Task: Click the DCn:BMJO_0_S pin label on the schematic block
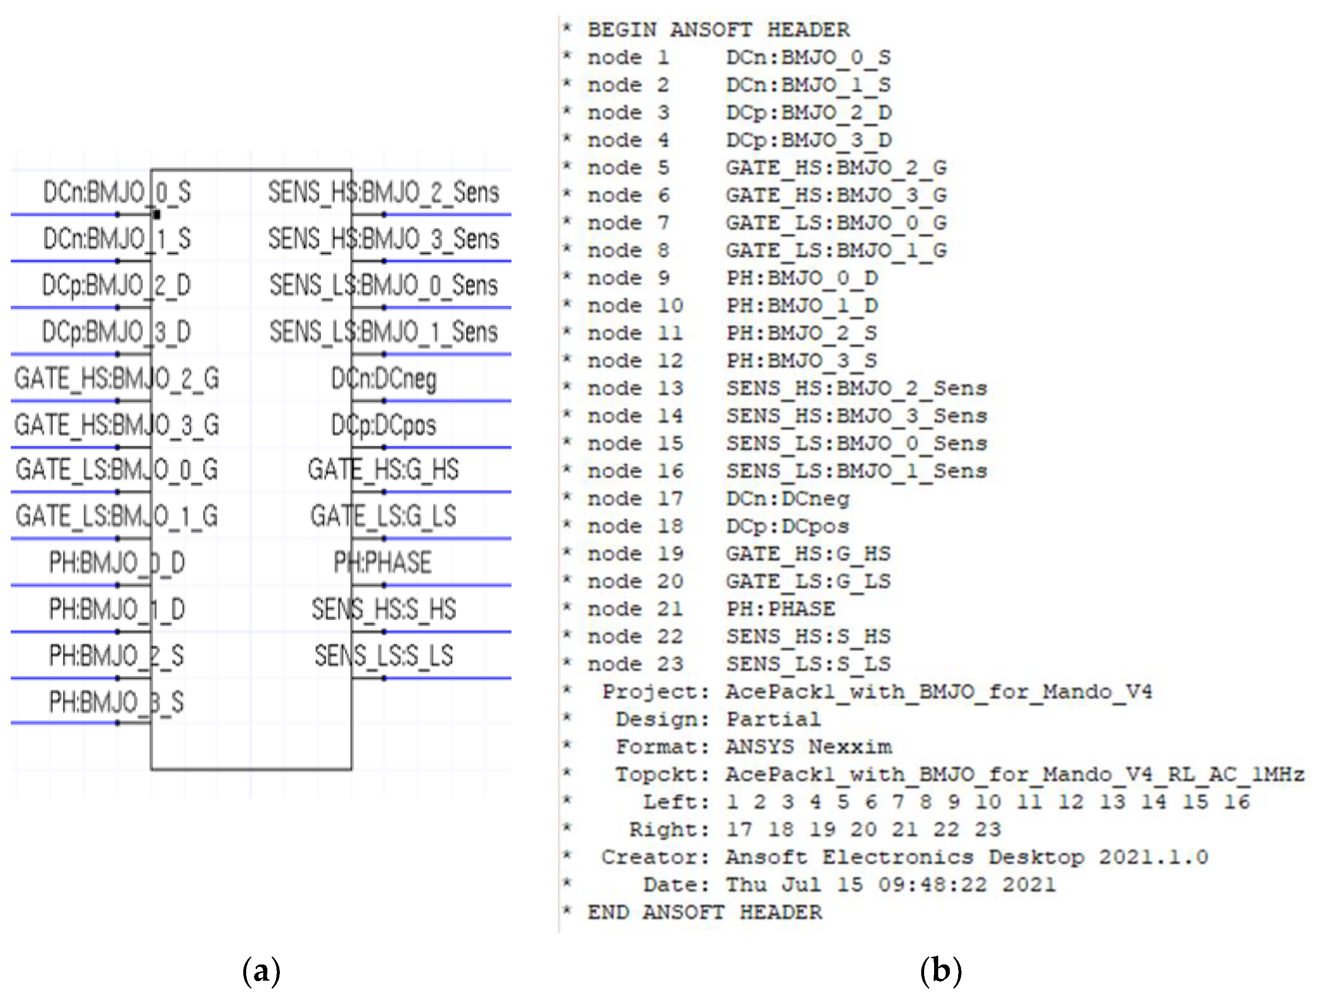click(117, 192)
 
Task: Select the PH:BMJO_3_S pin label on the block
click(117, 702)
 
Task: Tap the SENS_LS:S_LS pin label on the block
click(384, 656)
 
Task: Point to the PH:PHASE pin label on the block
click(382, 562)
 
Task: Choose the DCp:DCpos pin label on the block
click(384, 425)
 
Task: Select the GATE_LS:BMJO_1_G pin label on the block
click(117, 516)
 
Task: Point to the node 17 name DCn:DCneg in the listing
click(787, 498)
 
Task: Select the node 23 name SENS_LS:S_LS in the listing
click(808, 664)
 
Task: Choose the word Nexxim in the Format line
click(850, 747)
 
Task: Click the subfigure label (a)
click(261, 972)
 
